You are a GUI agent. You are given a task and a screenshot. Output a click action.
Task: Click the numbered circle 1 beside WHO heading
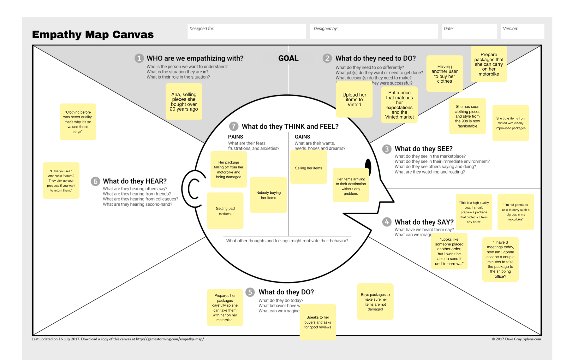(x=139, y=58)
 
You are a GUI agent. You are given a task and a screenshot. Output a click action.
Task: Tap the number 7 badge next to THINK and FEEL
(x=234, y=127)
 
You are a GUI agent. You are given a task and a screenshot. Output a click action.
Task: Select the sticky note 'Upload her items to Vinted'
(x=354, y=100)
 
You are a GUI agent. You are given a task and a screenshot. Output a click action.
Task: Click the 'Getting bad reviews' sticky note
(x=225, y=211)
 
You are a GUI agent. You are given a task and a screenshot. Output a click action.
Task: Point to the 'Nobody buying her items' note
(x=268, y=195)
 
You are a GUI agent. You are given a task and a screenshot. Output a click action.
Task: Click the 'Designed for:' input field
(x=247, y=31)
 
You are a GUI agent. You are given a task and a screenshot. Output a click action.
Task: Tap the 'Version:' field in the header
(x=522, y=31)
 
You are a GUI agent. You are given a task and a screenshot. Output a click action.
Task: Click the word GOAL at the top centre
(x=288, y=58)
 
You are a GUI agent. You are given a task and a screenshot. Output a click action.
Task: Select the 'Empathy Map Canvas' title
(x=93, y=34)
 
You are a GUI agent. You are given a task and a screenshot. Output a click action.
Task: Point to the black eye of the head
(x=368, y=167)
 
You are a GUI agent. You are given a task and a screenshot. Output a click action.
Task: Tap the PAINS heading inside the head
(x=235, y=137)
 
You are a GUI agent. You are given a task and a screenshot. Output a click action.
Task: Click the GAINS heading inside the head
(x=302, y=137)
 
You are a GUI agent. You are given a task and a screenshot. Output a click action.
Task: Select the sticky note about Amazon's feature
(x=61, y=180)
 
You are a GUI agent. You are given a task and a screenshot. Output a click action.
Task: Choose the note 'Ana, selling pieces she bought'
(x=184, y=102)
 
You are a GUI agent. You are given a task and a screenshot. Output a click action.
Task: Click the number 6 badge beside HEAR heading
(x=95, y=181)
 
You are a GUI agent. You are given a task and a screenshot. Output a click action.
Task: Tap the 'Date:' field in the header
(x=469, y=31)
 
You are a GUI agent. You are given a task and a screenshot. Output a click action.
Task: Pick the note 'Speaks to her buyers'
(x=318, y=322)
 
